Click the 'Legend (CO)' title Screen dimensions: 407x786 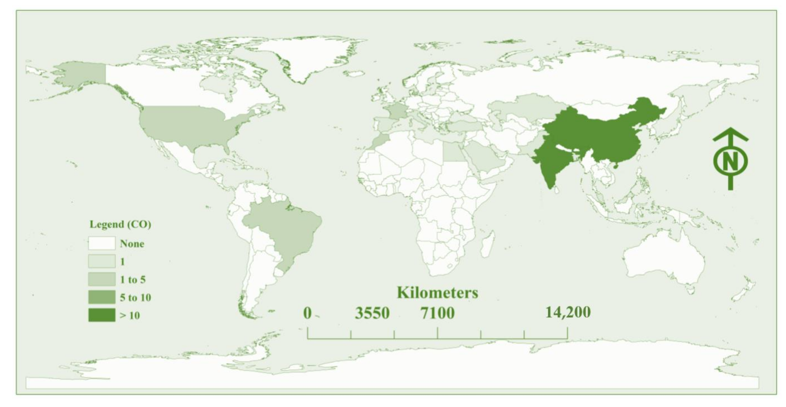tap(120, 224)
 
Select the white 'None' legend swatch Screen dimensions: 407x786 tap(102, 243)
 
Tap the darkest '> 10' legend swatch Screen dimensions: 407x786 tap(102, 315)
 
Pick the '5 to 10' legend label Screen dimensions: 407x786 tap(135, 297)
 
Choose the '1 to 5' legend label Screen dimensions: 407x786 tap(133, 279)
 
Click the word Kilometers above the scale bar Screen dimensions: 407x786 tap(437, 293)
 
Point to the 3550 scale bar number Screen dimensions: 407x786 tap(372, 313)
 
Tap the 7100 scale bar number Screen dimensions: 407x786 tap(438, 313)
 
